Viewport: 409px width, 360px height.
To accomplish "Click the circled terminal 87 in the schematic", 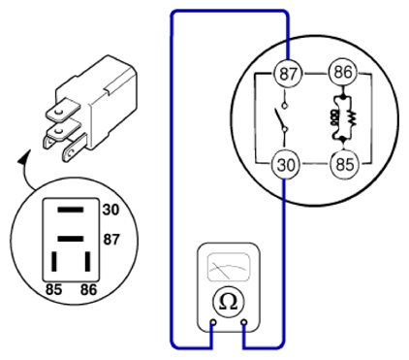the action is point(287,73).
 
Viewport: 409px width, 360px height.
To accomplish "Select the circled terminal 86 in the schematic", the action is point(342,72).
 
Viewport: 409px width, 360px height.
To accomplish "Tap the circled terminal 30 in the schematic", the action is point(285,165).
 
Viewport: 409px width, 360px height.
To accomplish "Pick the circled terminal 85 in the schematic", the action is point(344,164).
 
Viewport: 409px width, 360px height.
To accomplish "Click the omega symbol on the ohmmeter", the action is point(228,302).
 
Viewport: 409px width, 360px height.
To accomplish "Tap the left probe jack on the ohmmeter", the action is point(213,322).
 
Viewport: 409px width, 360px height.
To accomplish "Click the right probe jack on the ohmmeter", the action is point(244,322).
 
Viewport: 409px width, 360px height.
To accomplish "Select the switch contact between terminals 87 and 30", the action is point(281,118).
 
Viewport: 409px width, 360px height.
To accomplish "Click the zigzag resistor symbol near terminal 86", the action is point(352,118).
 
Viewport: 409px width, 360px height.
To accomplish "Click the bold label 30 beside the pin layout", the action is point(110,210).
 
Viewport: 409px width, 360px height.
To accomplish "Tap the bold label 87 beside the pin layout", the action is point(111,240).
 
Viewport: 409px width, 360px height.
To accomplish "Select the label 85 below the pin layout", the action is point(53,289).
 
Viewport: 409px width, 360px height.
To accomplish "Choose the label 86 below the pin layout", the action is point(88,289).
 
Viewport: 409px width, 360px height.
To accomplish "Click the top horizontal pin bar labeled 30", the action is point(71,210).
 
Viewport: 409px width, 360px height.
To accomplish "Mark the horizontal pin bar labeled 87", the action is point(71,239).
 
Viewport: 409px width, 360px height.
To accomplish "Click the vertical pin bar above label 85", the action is point(54,261).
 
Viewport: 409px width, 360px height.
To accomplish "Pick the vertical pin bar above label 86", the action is point(87,261).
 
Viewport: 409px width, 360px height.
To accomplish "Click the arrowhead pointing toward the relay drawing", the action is point(23,157).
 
